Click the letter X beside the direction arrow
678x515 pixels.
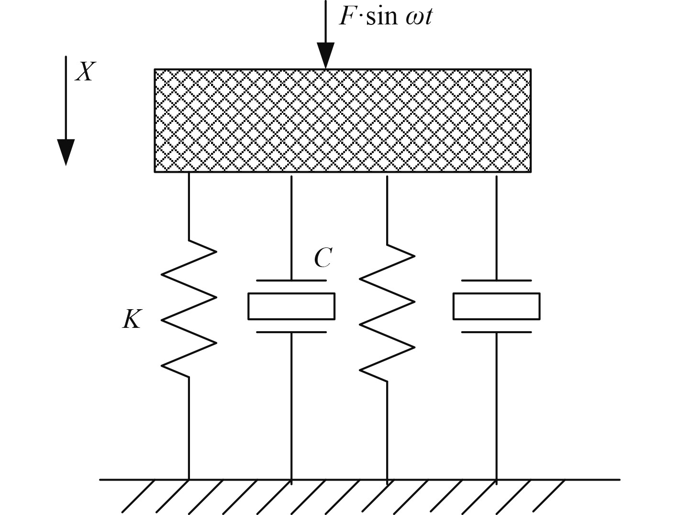pos(85,72)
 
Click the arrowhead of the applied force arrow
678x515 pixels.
pos(325,56)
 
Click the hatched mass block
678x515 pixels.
pos(342,120)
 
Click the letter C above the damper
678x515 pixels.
pos(322,258)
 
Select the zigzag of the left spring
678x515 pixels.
pos(189,309)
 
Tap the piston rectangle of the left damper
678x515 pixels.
pos(291,306)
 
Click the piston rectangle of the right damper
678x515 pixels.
pos(496,306)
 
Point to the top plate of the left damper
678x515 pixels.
pos(291,280)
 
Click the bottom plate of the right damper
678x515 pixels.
pos(496,332)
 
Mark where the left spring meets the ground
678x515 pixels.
pos(189,479)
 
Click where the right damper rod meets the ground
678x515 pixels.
pos(496,479)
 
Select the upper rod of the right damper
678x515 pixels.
pos(496,227)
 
